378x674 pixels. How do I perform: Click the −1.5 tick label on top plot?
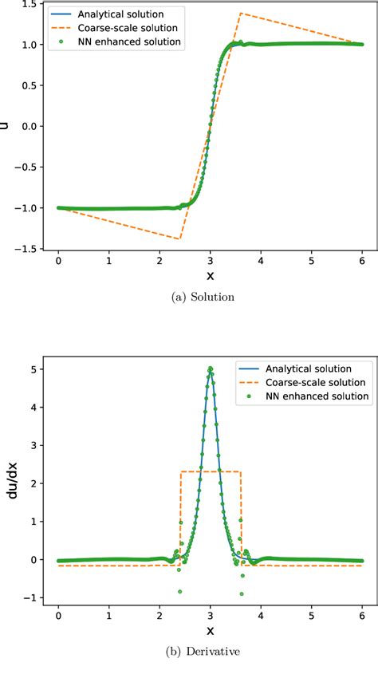[29, 249]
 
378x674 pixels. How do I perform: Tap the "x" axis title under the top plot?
[211, 274]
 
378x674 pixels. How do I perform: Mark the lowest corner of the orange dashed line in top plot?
[180, 238]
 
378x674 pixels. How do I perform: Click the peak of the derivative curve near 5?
[211, 391]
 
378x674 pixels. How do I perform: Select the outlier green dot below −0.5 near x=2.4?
[180, 592]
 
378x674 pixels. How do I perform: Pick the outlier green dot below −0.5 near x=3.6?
[242, 594]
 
